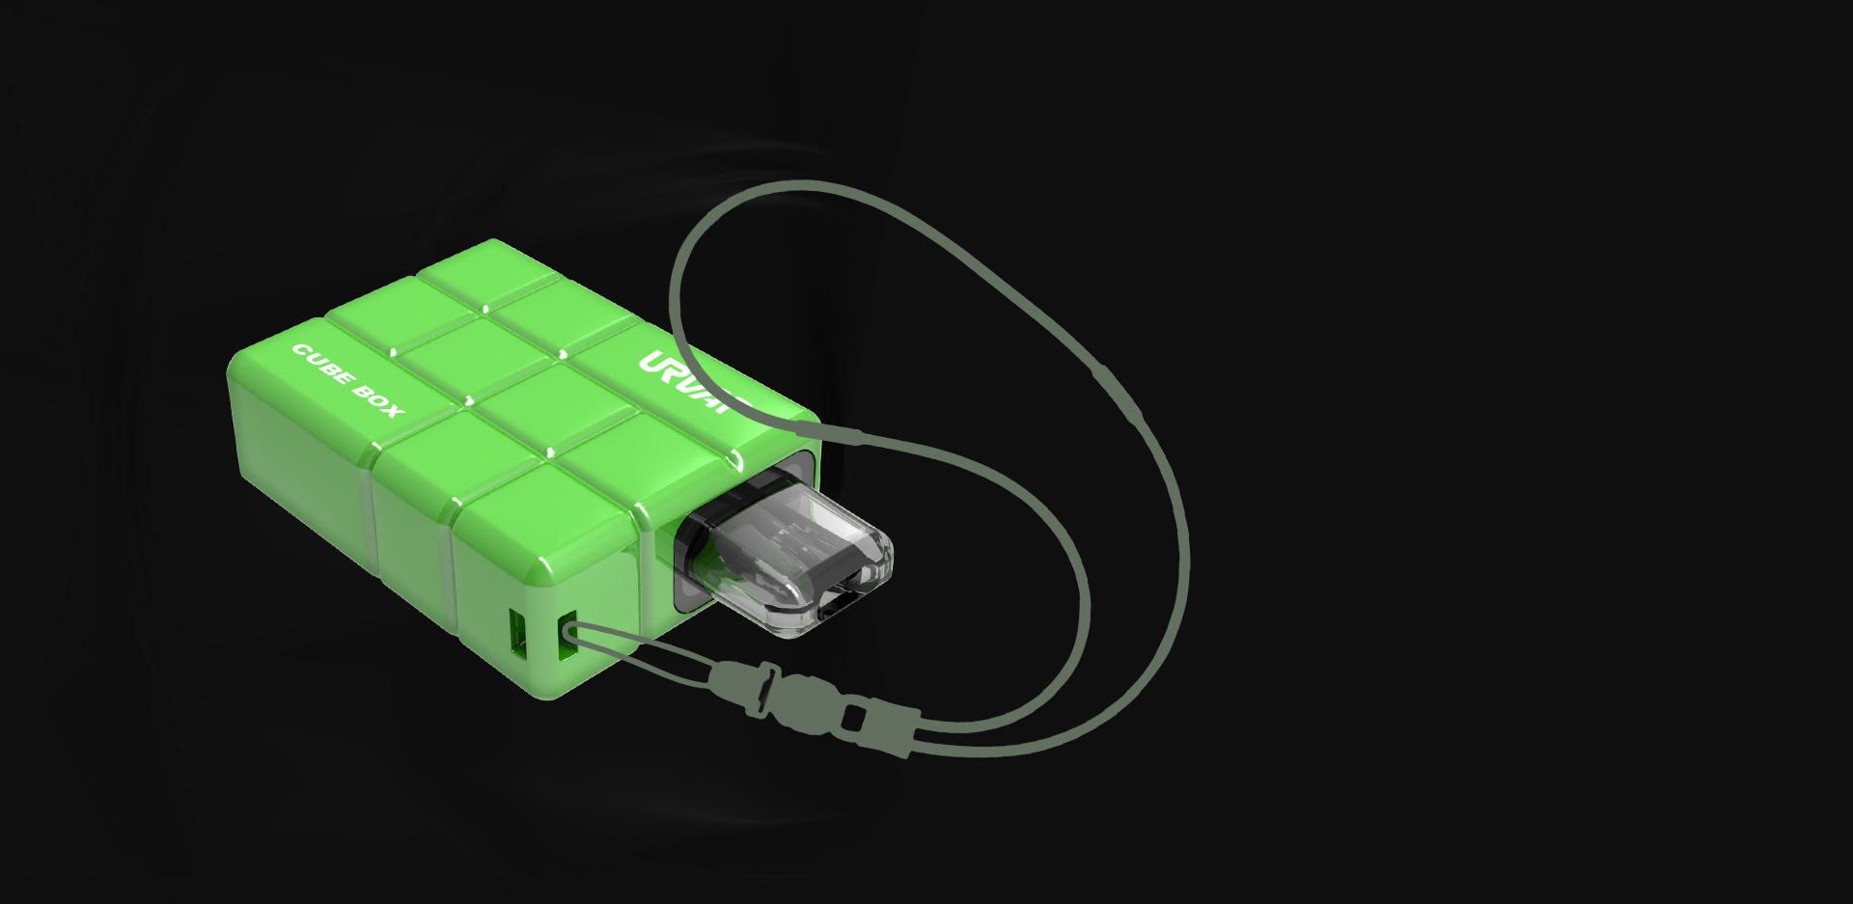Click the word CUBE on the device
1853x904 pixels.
323,366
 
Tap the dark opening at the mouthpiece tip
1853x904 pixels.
842,601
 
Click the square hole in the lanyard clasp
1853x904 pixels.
853,718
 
